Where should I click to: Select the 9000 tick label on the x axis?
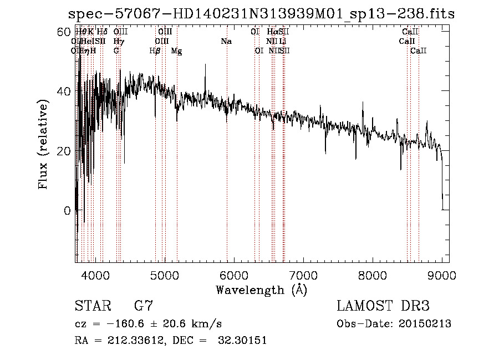(x=442, y=276)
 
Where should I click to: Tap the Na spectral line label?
(x=226, y=41)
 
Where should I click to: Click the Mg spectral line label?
(x=176, y=51)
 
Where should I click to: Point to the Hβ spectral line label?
(x=155, y=51)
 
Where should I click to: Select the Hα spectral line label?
(x=272, y=32)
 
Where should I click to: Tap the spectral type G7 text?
(x=143, y=306)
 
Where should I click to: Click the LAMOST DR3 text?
(x=383, y=306)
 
